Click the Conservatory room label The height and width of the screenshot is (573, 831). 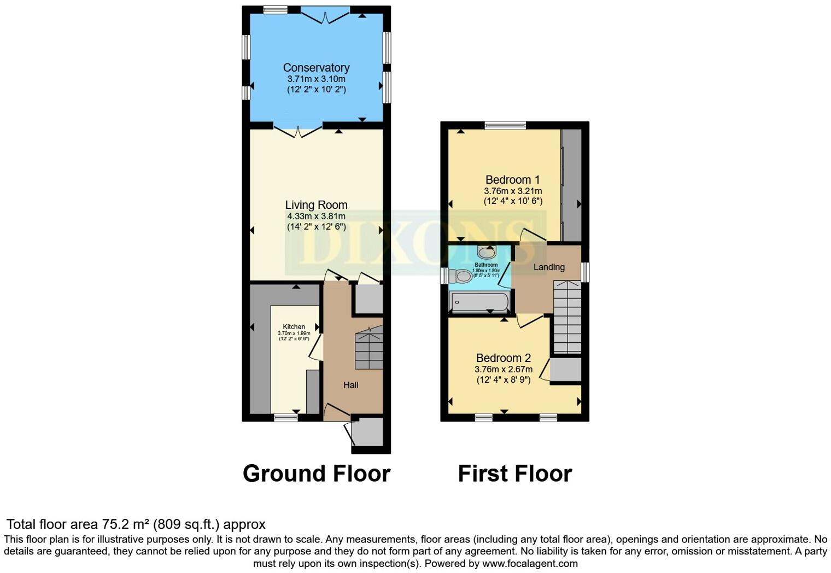(316, 68)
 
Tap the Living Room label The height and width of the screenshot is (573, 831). (316, 205)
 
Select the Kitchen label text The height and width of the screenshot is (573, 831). (294, 326)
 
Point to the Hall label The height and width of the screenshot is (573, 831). (351, 385)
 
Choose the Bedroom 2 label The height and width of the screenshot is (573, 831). (504, 358)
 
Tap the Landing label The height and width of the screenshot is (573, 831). (549, 267)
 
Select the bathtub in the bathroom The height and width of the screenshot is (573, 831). (479, 301)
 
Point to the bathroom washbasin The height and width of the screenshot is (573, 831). (486, 252)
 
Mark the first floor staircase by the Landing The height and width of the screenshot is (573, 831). (567, 317)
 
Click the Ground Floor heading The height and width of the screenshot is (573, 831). (317, 473)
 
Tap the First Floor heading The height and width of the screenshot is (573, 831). (515, 473)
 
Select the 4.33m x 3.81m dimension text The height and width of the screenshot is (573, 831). (316, 217)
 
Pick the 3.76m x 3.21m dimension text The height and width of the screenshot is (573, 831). (513, 191)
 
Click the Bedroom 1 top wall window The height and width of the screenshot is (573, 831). (505, 125)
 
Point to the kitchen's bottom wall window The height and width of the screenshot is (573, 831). (286, 417)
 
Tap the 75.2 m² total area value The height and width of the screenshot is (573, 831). (126, 524)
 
